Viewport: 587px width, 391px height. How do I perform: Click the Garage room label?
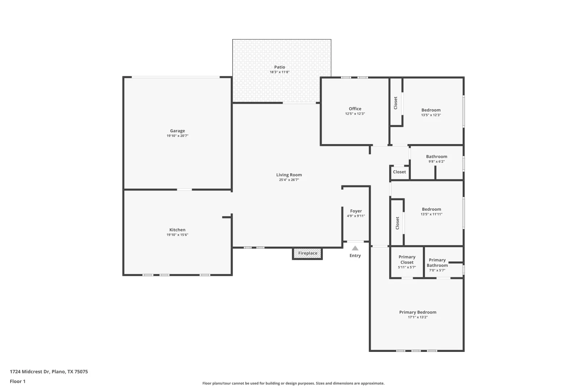click(178, 131)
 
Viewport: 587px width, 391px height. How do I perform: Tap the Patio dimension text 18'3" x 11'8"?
click(280, 72)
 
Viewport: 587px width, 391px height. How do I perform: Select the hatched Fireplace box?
click(307, 253)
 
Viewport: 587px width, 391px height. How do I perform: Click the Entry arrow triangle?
click(355, 248)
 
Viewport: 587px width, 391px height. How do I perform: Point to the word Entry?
click(355, 256)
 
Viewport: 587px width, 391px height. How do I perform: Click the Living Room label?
click(289, 175)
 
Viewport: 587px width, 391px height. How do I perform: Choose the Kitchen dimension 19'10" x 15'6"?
click(178, 235)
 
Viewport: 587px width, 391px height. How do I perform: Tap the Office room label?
click(355, 109)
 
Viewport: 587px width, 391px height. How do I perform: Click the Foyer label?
click(356, 211)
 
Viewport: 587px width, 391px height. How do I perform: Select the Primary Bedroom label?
click(418, 312)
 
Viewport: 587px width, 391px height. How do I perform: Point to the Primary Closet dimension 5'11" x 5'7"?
click(407, 268)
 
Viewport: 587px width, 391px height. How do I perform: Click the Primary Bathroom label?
click(437, 263)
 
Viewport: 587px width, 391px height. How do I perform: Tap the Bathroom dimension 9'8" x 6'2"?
click(437, 161)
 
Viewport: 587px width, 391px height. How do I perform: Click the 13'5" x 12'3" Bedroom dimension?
click(431, 115)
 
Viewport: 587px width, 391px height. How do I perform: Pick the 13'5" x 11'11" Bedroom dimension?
click(432, 214)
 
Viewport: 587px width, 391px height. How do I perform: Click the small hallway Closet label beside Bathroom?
click(399, 172)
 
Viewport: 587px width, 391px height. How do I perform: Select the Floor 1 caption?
click(17, 381)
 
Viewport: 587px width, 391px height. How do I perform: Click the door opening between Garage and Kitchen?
click(184, 190)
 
